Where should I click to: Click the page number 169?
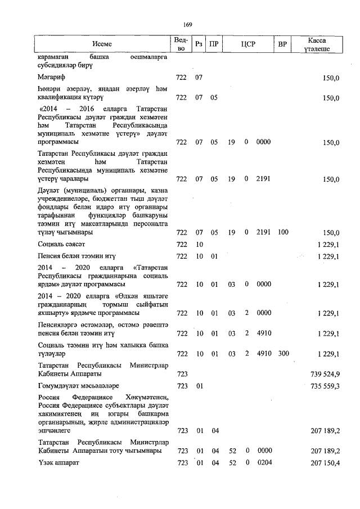tap(188, 24)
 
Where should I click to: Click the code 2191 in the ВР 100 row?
tap(263, 232)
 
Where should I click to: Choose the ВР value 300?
tap(283, 354)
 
